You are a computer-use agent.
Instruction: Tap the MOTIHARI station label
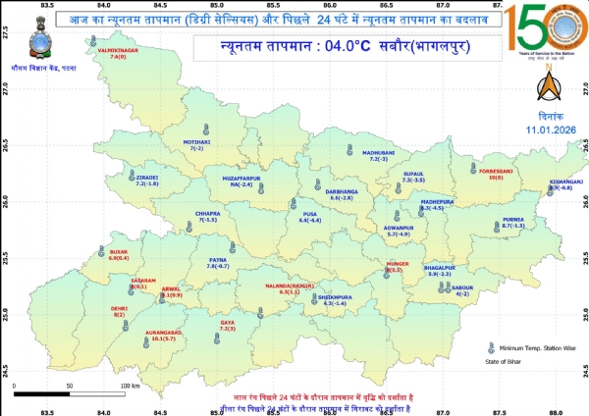click(197, 144)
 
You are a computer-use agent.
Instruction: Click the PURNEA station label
click(512, 221)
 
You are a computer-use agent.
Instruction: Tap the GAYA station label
click(228, 324)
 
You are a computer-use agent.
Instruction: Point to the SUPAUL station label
click(413, 175)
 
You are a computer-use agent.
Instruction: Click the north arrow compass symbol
click(546, 89)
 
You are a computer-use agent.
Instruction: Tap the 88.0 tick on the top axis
click(556, 6)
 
